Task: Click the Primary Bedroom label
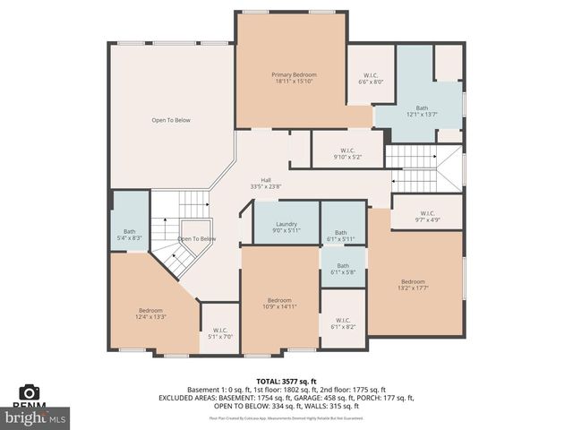coord(295,78)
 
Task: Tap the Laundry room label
coord(286,228)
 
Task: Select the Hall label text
coord(266,184)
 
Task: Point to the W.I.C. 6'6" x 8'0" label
coord(371,78)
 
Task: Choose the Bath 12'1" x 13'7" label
coord(422,111)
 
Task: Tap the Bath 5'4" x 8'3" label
coord(124,235)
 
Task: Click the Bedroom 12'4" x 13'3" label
coord(150,314)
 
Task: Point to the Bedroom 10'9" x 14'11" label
coord(279,304)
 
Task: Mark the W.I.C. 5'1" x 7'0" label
coord(219,333)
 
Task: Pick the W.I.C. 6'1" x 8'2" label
coord(343,323)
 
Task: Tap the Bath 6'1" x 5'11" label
coord(342,236)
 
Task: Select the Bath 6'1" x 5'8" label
coord(343,269)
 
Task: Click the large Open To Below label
coord(170,120)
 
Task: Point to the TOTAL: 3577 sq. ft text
coord(286,381)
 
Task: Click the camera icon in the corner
coord(30,392)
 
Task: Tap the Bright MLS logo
coord(36,417)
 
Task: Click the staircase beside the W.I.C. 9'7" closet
coord(423,168)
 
